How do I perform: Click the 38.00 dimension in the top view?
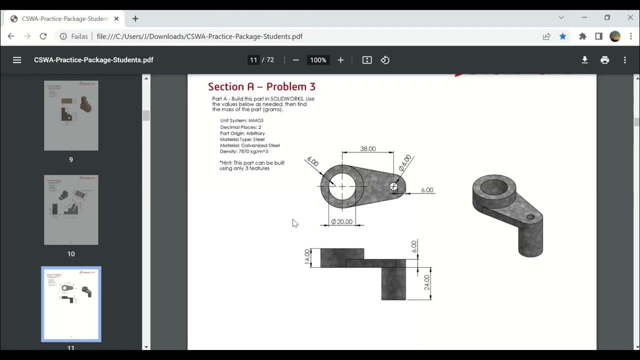(367, 148)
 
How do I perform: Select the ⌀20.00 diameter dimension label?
(342, 221)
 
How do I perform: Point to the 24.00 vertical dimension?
(426, 282)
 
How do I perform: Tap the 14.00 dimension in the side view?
(307, 257)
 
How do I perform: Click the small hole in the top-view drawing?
(393, 187)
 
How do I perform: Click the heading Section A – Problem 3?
(261, 86)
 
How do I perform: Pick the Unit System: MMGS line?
(241, 120)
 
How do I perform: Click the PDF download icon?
(584, 60)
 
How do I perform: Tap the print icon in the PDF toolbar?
(605, 60)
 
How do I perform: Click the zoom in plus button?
(340, 60)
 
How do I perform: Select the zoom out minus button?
(296, 60)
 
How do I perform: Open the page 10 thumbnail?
(71, 210)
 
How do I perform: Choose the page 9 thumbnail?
(71, 115)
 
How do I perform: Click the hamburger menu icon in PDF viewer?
(17, 60)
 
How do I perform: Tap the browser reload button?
(43, 36)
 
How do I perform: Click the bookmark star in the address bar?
(562, 36)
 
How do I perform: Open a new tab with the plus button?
(135, 18)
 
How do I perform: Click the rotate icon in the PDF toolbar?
(385, 60)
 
